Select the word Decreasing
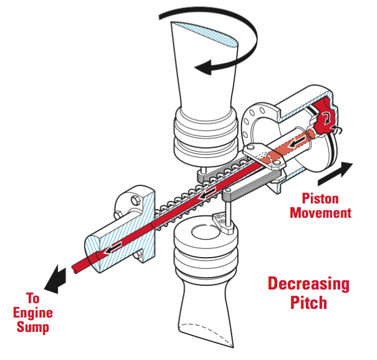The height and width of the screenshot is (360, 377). (308, 284)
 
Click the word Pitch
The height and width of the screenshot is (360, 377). (308, 303)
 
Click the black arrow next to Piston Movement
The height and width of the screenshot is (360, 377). (335, 173)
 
